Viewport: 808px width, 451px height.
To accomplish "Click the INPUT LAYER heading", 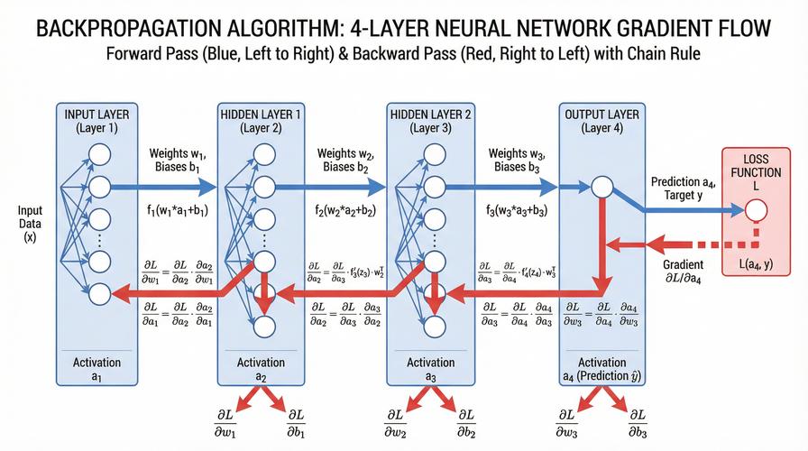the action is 96,121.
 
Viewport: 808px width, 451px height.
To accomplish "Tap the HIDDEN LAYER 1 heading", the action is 261,121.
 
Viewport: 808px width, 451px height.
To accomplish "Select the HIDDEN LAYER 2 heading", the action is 431,121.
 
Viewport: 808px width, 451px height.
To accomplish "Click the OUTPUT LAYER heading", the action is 601,121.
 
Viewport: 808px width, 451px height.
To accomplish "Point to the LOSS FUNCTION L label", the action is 756,172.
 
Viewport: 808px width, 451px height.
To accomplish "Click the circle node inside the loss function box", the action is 756,210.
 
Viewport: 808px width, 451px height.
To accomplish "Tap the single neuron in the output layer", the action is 601,187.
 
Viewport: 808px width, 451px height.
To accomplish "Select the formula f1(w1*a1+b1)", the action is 178,210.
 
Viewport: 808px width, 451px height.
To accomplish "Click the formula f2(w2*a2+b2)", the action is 345,210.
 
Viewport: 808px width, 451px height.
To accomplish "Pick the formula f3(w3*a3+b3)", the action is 517,210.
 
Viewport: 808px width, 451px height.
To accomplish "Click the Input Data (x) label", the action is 30,224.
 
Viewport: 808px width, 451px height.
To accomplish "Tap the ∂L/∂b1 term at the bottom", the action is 296,424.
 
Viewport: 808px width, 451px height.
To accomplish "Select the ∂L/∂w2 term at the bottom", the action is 395,424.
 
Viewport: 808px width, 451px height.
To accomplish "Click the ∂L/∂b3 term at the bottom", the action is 638,424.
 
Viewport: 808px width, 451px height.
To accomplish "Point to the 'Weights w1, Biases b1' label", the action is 178,161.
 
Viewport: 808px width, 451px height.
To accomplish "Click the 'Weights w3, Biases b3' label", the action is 517,161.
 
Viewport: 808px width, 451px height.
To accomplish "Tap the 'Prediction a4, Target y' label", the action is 684,189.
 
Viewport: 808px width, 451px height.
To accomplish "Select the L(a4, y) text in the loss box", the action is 756,265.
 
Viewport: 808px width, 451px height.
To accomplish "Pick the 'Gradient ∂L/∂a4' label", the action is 683,272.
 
